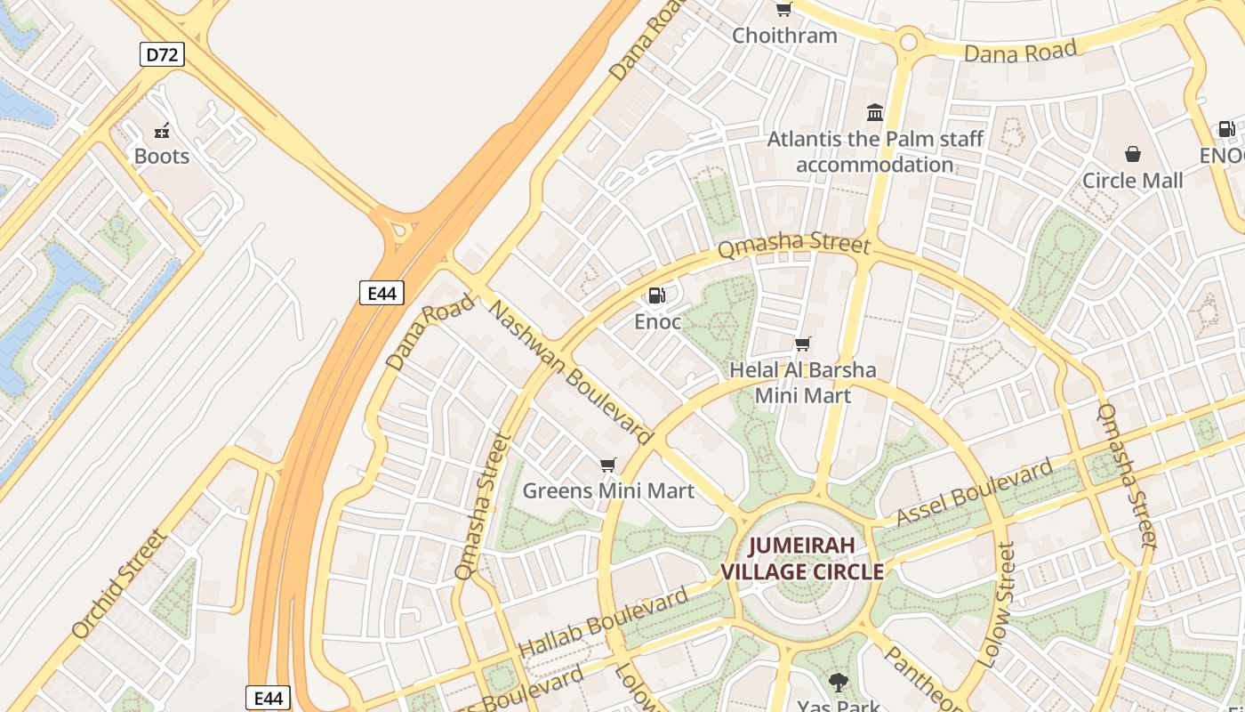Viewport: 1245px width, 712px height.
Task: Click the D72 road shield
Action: pos(162,55)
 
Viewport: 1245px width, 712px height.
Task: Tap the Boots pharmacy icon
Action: pos(162,132)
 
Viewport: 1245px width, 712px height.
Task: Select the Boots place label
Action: pos(162,157)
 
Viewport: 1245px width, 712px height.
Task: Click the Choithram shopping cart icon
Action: pos(783,10)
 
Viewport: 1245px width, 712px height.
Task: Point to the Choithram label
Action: pos(784,36)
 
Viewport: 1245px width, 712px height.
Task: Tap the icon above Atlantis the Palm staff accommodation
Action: pos(875,113)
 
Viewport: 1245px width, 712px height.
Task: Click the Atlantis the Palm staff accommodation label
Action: pos(875,152)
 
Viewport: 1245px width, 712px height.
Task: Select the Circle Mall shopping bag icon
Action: pos(1132,155)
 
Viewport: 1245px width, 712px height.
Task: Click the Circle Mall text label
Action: pos(1132,181)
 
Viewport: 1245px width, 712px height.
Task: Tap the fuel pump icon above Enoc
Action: pos(656,295)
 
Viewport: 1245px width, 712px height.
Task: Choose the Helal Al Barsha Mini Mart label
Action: pos(802,383)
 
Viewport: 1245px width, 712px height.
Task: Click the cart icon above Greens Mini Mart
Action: pos(608,465)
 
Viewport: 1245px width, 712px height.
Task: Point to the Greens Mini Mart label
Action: pos(608,490)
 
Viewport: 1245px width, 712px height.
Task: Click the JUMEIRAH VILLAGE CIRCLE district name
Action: pos(802,559)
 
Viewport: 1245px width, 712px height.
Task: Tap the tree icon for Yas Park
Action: pos(838,683)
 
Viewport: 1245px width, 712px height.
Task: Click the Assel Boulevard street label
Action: pos(974,492)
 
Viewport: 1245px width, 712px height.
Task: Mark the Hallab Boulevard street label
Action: pos(603,622)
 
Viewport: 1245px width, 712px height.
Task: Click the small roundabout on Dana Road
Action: pos(908,40)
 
